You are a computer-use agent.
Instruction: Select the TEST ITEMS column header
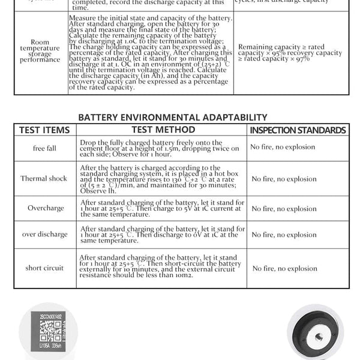pyautogui.click(x=44, y=130)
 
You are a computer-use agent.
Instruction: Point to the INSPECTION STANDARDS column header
pyautogui.click(x=298, y=130)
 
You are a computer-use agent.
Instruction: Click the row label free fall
pyautogui.click(x=44, y=148)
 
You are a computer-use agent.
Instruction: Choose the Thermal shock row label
pyautogui.click(x=44, y=178)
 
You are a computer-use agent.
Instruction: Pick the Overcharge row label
pyautogui.click(x=44, y=208)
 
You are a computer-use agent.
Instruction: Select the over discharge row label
pyautogui.click(x=44, y=234)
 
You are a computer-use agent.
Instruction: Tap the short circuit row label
pyautogui.click(x=44, y=268)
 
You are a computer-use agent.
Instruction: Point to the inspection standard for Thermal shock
pyautogui.click(x=284, y=179)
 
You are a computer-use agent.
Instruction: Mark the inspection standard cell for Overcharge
pyautogui.click(x=284, y=209)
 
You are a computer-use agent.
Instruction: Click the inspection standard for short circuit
pyautogui.click(x=284, y=269)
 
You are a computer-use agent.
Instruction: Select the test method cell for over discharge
pyautogui.click(x=162, y=234)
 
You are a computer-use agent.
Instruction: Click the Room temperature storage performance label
pyautogui.click(x=40, y=51)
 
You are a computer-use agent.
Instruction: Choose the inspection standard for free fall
pyautogui.click(x=283, y=147)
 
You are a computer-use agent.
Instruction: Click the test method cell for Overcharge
pyautogui.click(x=162, y=208)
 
